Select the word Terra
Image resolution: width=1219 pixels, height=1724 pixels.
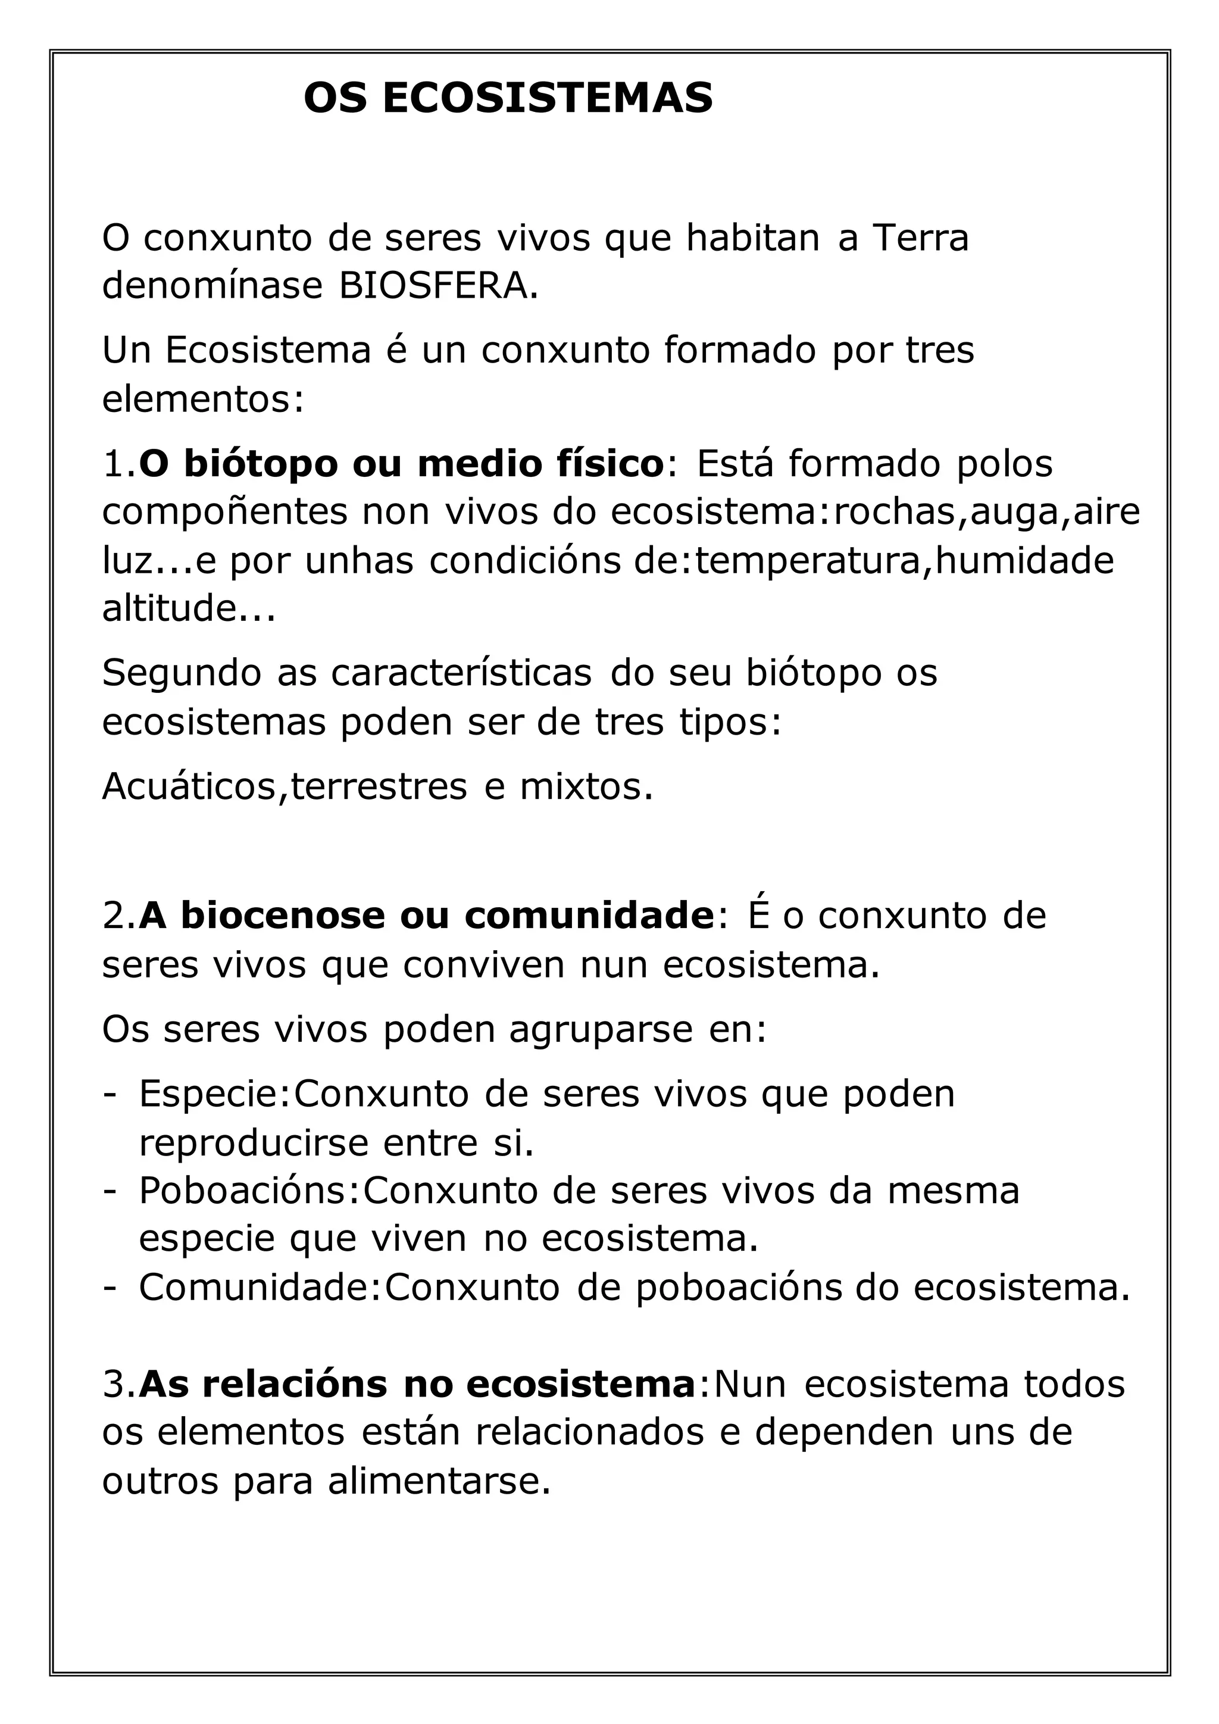920,238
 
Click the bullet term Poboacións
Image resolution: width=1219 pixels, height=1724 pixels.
244,1190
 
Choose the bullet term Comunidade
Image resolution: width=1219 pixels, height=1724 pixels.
255,1287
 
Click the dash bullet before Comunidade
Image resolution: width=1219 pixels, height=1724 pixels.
110,1288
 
